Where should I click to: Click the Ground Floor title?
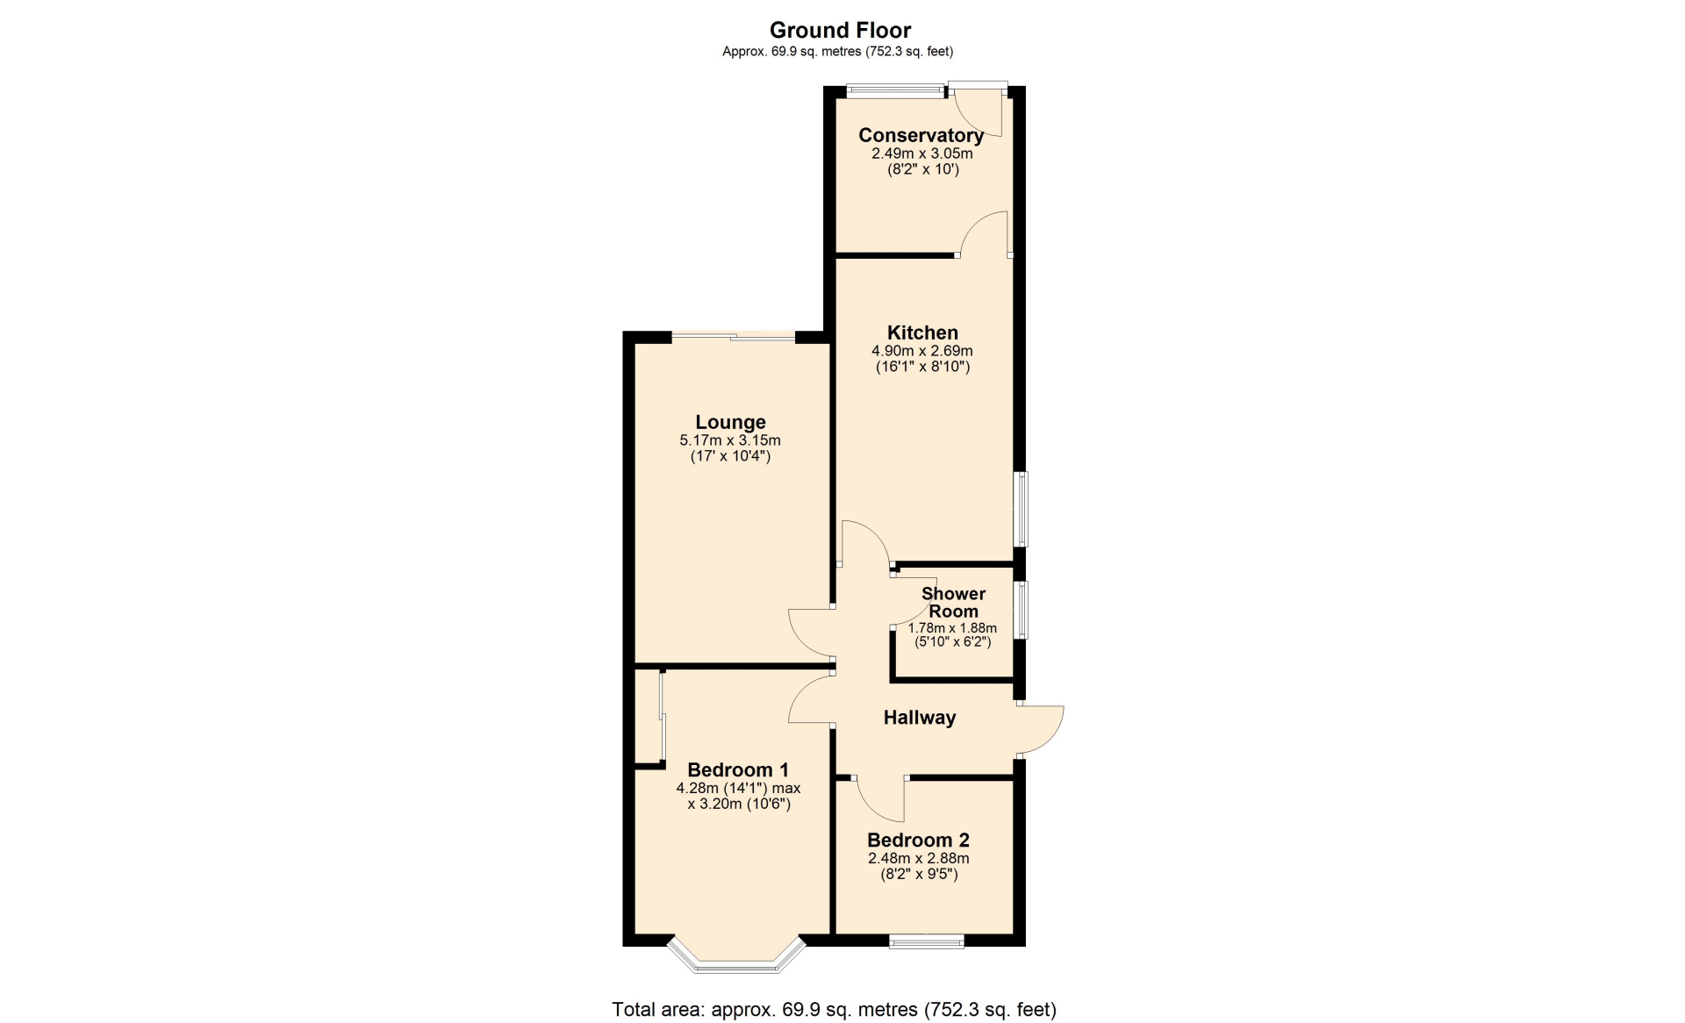click(x=840, y=30)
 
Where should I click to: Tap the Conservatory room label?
click(x=921, y=135)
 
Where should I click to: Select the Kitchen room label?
click(x=922, y=333)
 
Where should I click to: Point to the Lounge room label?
click(x=730, y=422)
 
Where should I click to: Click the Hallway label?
click(x=919, y=718)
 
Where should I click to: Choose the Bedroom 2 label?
click(x=918, y=840)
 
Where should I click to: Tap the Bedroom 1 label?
click(x=738, y=769)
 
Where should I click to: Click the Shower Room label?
click(x=953, y=602)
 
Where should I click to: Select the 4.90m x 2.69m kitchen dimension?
click(x=922, y=350)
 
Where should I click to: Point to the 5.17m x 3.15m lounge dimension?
click(x=730, y=440)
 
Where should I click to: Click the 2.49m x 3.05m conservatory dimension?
click(x=921, y=153)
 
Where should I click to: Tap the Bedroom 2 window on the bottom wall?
click(x=927, y=941)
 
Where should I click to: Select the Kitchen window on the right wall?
click(x=1022, y=510)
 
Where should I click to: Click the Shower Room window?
click(x=1022, y=610)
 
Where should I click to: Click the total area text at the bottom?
click(x=834, y=1010)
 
